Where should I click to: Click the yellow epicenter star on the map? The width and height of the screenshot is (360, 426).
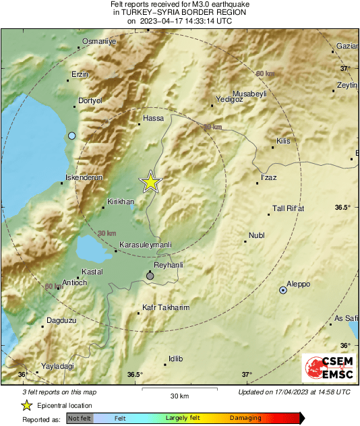[x=151, y=182]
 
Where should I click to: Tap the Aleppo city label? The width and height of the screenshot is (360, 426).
[x=298, y=284]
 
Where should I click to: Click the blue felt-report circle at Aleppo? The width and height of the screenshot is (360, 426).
[x=282, y=290]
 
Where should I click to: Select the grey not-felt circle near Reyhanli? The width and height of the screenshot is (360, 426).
[x=150, y=276]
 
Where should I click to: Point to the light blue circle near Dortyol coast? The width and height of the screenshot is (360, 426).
[x=71, y=136]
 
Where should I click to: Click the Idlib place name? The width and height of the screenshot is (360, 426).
[x=175, y=359]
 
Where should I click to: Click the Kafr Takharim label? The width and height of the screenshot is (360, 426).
[x=167, y=307]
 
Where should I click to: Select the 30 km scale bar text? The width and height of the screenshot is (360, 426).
[x=179, y=396]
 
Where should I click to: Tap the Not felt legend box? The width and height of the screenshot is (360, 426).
[x=80, y=418]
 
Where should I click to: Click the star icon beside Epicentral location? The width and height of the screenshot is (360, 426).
[x=26, y=405]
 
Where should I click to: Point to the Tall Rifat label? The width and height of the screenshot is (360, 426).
[x=288, y=208]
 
